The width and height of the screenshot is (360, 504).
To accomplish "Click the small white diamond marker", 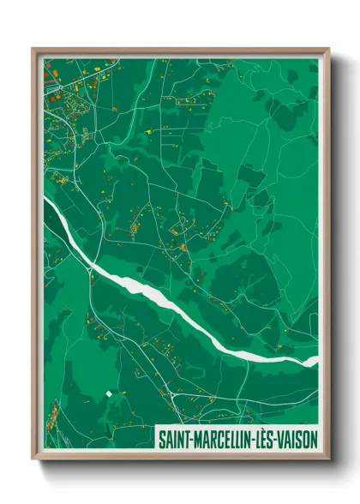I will click(x=109, y=393).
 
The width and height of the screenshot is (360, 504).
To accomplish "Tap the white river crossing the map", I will click(x=171, y=300).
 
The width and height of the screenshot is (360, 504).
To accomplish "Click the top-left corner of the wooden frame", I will click(x=33, y=49).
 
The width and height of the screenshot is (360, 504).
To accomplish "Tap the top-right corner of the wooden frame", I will click(x=329, y=49).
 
